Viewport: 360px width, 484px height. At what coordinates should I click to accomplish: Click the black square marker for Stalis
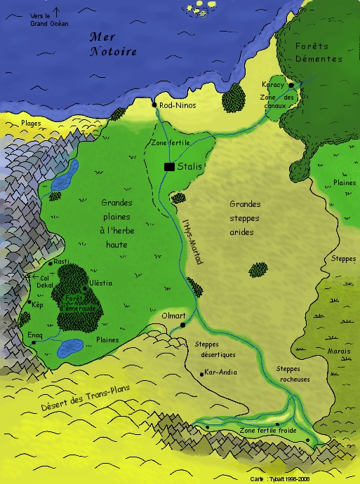(x=169, y=167)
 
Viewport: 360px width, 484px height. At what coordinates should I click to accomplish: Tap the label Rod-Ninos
(x=178, y=105)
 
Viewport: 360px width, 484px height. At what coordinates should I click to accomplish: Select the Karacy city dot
(x=291, y=84)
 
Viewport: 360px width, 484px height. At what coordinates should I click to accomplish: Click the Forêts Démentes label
(x=319, y=53)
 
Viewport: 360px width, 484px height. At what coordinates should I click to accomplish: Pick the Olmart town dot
(x=182, y=325)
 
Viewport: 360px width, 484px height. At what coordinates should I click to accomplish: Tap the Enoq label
(x=34, y=336)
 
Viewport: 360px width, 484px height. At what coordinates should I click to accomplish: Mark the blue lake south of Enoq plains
(x=70, y=347)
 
